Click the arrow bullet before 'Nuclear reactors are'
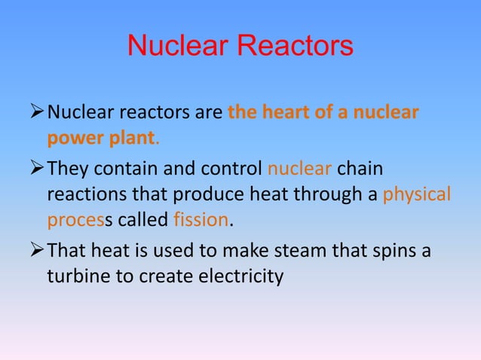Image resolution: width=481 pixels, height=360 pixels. click(37, 114)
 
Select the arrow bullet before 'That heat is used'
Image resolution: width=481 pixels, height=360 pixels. click(37, 249)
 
